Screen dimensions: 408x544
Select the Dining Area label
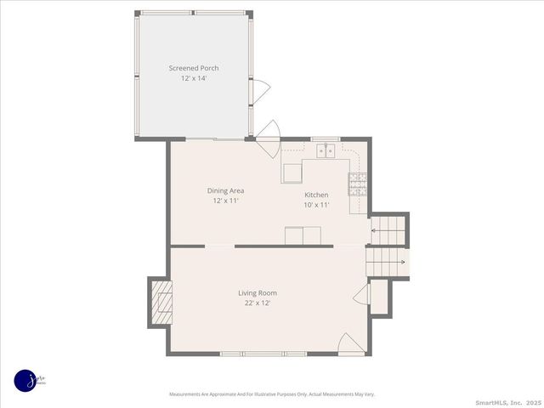pyautogui.click(x=225, y=190)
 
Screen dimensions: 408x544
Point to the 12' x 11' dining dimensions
pyautogui.click(x=225, y=201)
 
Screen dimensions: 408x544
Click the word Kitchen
pyautogui.click(x=316, y=195)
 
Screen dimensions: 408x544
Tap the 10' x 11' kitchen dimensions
pyautogui.click(x=316, y=205)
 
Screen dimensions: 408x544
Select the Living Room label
pyautogui.click(x=258, y=292)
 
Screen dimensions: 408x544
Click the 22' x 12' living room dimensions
pyautogui.click(x=258, y=303)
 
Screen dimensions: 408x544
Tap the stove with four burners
pyautogui.click(x=357, y=180)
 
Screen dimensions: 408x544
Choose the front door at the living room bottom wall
pyautogui.click(x=349, y=343)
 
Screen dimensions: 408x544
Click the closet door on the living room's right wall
pyautogui.click(x=361, y=296)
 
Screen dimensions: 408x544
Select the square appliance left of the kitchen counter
pyautogui.click(x=293, y=173)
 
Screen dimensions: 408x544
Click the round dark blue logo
pyautogui.click(x=26, y=381)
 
